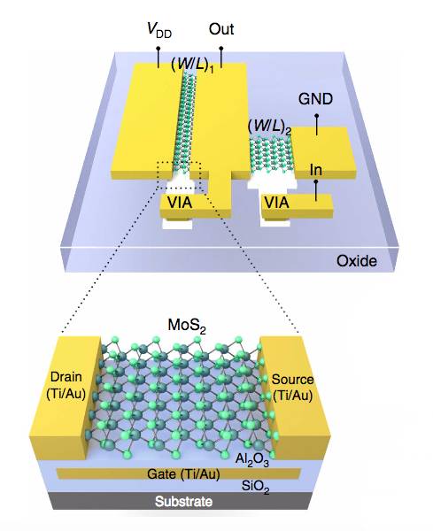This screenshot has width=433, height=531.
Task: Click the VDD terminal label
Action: tap(159, 29)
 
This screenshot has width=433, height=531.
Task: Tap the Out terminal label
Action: tap(221, 29)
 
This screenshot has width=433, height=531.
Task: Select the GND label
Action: tap(315, 99)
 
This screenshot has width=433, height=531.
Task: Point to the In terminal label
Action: tap(316, 170)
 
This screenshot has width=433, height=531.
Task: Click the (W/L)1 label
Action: tap(192, 65)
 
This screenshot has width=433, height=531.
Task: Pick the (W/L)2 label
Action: tap(269, 127)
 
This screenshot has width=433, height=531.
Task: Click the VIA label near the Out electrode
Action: tap(180, 203)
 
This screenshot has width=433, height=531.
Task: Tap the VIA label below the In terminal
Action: tap(276, 203)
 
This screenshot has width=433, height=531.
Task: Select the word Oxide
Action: tap(357, 261)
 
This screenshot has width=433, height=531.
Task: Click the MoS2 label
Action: tap(187, 326)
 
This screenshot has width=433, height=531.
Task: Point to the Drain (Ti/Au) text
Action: tap(66, 385)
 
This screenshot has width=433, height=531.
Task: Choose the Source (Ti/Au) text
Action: tap(292, 387)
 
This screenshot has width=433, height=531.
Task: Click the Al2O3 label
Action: tap(252, 459)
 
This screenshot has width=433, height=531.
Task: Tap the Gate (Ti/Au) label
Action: tap(183, 473)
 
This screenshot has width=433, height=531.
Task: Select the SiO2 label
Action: tap(256, 488)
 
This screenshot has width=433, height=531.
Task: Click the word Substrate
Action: tap(183, 501)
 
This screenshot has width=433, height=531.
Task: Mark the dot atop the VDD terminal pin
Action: tap(158, 49)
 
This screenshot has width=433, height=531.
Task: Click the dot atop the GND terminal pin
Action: tap(317, 116)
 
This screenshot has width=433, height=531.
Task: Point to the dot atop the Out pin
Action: tap(221, 49)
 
